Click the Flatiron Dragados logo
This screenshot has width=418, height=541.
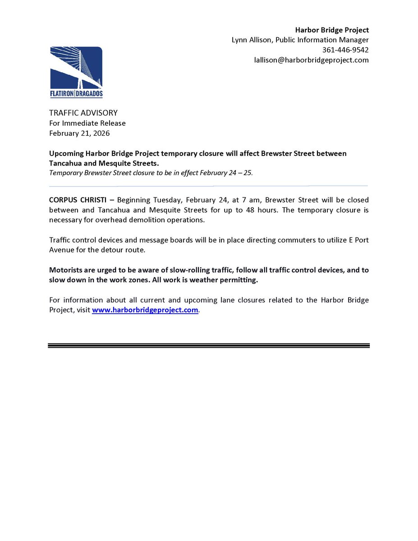[x=76, y=73]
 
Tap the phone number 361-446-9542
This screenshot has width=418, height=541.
[x=345, y=50]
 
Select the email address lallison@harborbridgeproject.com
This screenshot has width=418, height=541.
[x=311, y=60]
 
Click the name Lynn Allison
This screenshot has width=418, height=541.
[x=251, y=40]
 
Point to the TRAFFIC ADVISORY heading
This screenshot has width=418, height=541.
[x=83, y=113]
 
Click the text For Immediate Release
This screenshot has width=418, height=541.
[x=87, y=123]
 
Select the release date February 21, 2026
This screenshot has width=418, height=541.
[x=79, y=133]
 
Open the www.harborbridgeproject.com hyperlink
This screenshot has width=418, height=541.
[x=145, y=310]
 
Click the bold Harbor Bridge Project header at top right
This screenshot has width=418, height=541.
[x=331, y=30]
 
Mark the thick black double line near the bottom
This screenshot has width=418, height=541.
[x=208, y=345]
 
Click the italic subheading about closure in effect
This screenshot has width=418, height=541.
[x=151, y=173]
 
